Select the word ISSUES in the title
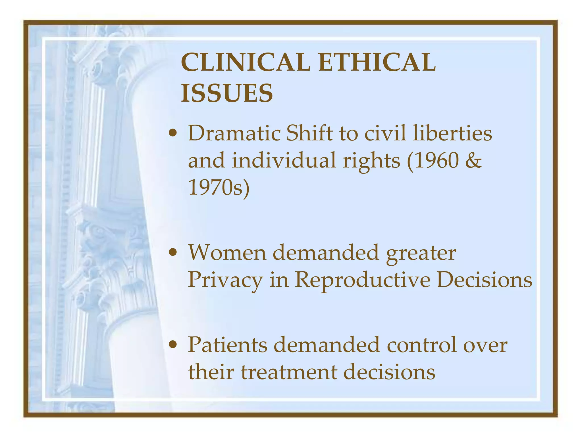pos(227,93)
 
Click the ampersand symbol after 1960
pos(473,160)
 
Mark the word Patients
pos(227,345)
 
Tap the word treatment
pos(289,372)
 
